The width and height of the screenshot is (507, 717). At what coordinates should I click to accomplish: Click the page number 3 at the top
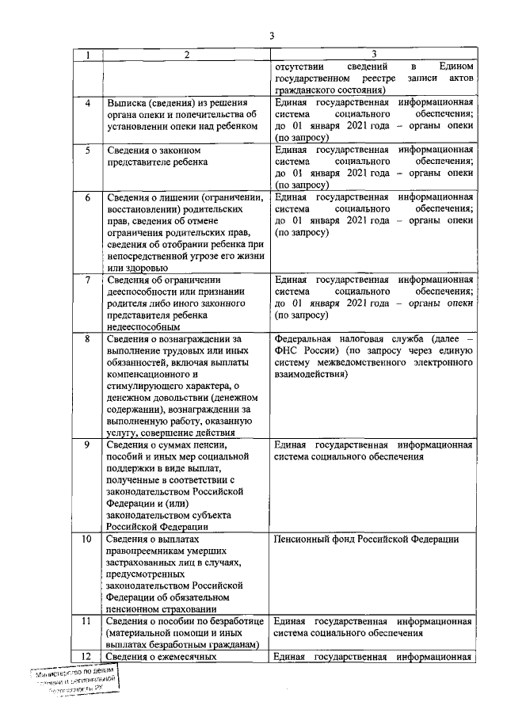click(x=271, y=36)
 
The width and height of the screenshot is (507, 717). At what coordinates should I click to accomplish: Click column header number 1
click(x=88, y=55)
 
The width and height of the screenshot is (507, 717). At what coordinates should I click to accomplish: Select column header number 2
click(x=185, y=55)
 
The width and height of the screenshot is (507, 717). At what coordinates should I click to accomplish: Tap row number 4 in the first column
click(x=88, y=103)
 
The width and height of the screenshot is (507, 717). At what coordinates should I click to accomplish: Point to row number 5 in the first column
click(x=88, y=150)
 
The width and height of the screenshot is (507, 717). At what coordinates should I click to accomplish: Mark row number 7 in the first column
click(x=88, y=280)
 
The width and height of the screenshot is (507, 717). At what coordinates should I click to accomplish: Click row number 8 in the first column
click(x=88, y=339)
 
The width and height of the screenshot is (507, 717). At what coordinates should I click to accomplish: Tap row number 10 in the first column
click(x=88, y=540)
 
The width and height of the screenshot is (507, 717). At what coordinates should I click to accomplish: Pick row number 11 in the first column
click(x=88, y=621)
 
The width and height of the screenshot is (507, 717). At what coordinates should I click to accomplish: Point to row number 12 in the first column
click(x=88, y=656)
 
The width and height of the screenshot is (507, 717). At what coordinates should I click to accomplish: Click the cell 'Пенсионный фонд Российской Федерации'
click(x=366, y=540)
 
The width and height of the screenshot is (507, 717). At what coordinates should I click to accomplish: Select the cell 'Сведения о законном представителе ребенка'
click(x=158, y=156)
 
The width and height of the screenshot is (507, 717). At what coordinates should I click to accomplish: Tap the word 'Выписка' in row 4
click(x=128, y=103)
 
